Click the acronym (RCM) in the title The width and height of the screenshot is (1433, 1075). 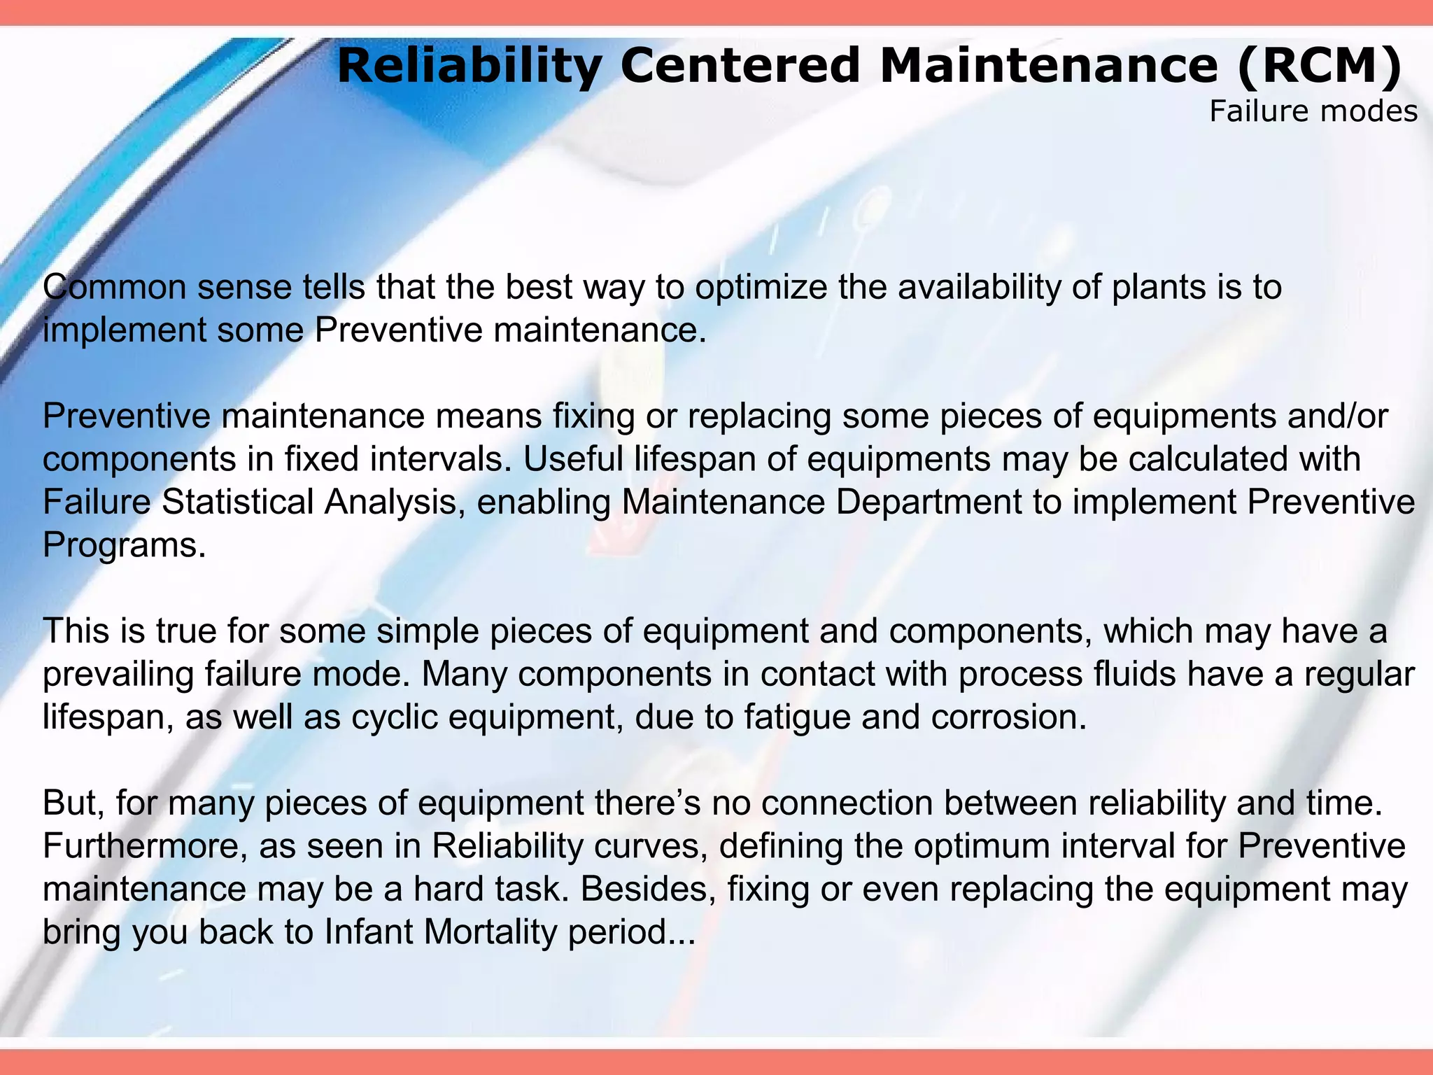tap(1319, 66)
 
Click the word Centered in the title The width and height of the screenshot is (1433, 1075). tap(740, 66)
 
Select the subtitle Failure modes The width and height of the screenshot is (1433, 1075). tap(1313, 112)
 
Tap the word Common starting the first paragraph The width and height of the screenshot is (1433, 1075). tap(114, 288)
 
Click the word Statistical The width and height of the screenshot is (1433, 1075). tap(238, 503)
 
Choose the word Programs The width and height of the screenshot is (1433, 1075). tap(124, 546)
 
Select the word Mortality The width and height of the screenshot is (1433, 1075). tap(489, 933)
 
